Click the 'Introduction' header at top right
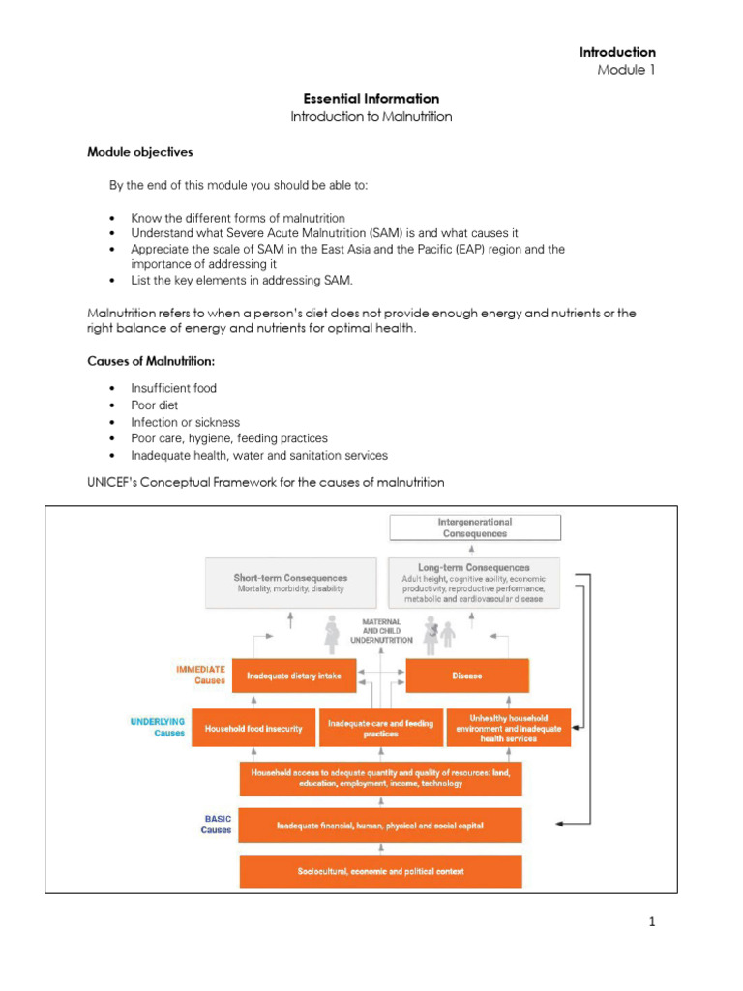click(617, 52)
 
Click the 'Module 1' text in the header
click(626, 70)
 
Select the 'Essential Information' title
click(371, 99)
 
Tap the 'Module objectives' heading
click(140, 152)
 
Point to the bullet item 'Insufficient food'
click(174, 388)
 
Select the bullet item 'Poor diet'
click(155, 405)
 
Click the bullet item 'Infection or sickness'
click(186, 422)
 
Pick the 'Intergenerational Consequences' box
click(474, 527)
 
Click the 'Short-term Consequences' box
click(290, 583)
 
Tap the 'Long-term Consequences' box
click(474, 583)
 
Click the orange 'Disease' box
click(467, 676)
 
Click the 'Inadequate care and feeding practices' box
click(380, 728)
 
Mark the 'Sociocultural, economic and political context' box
click(380, 871)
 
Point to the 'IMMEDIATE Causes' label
click(201, 674)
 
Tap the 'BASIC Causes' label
click(217, 825)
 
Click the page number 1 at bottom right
click(652, 922)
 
